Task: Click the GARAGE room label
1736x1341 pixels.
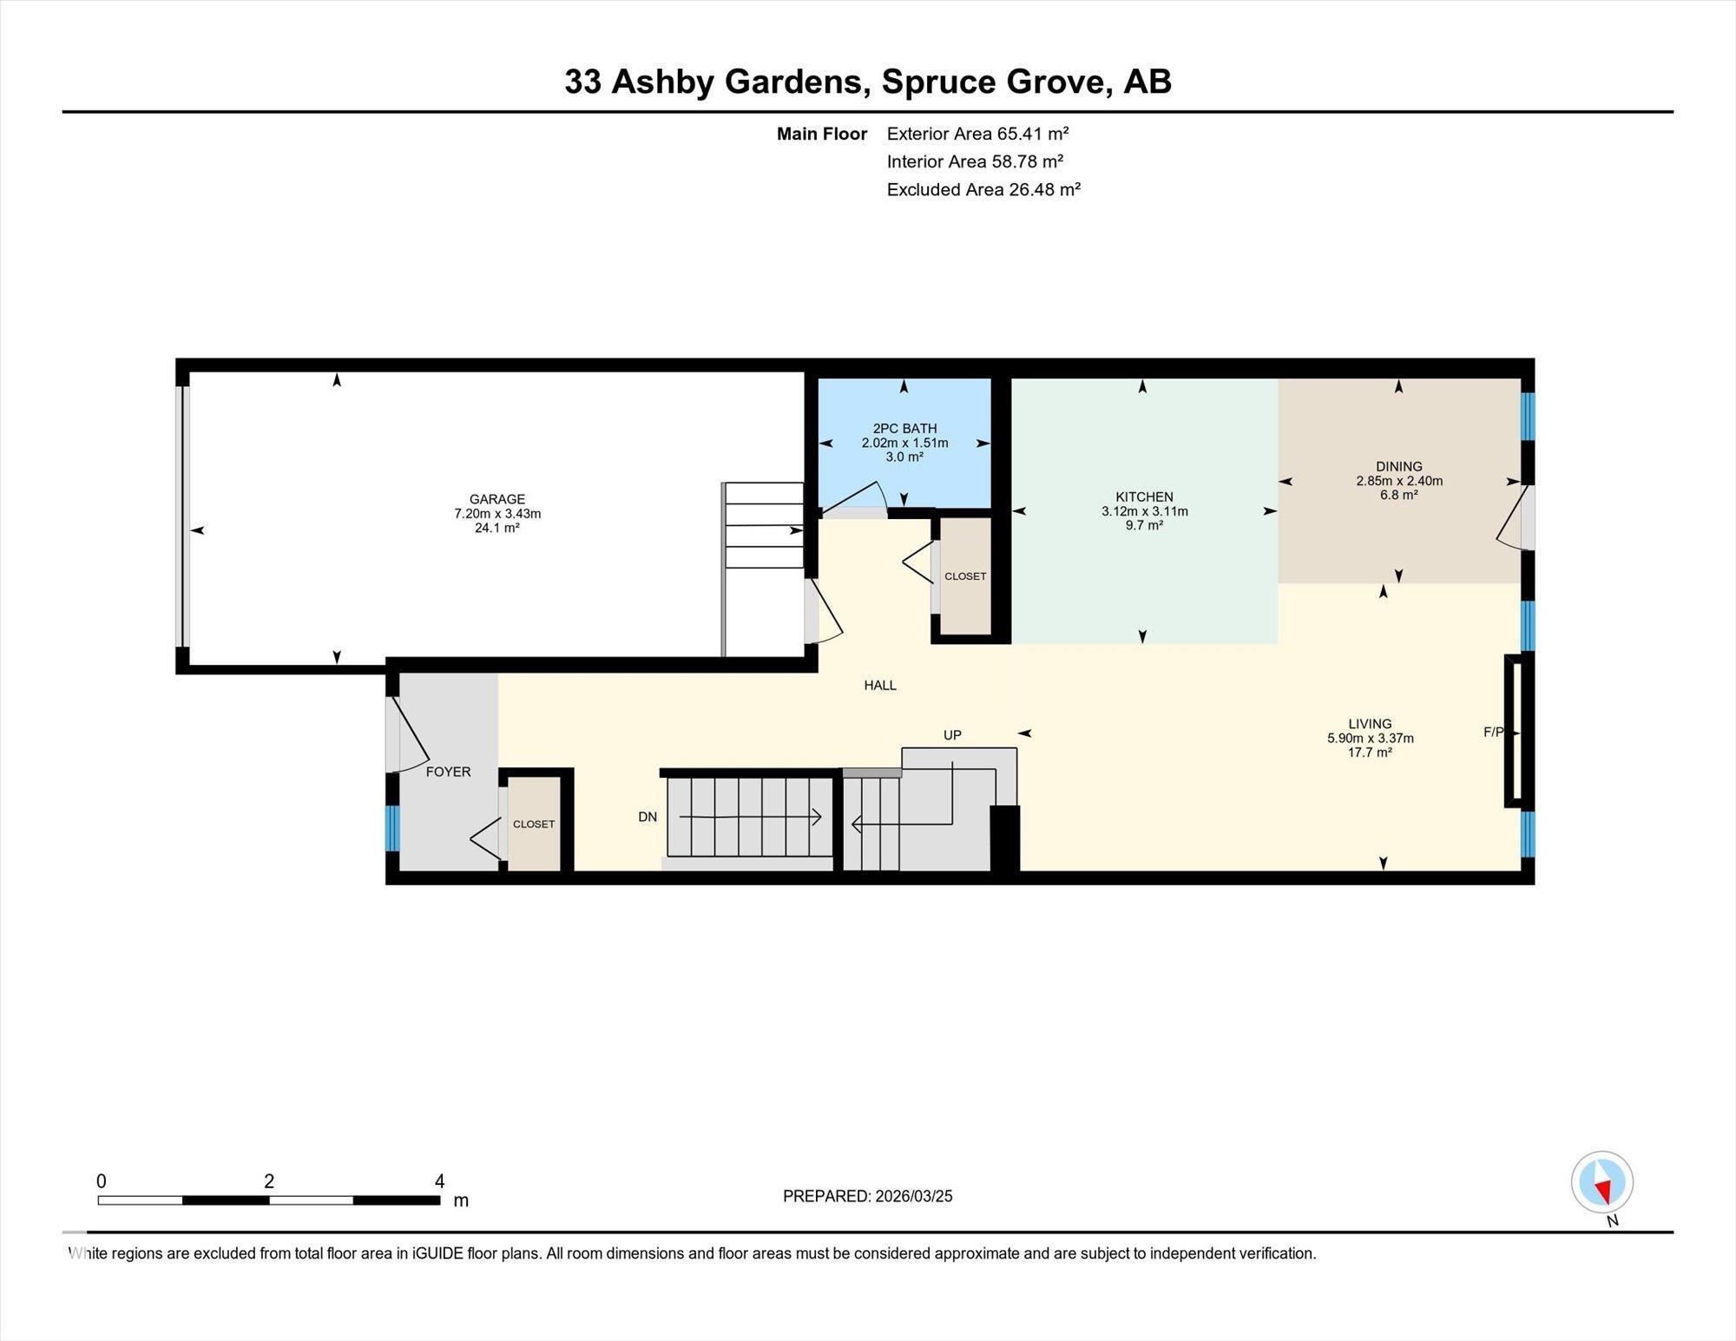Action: click(x=497, y=499)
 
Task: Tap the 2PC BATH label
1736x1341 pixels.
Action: click(x=904, y=429)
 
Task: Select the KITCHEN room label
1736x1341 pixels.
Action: click(x=1144, y=497)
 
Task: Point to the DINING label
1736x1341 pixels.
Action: click(x=1398, y=467)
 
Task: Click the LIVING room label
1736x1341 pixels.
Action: click(x=1370, y=724)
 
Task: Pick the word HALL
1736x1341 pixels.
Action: click(x=880, y=686)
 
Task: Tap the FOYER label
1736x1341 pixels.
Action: click(x=448, y=772)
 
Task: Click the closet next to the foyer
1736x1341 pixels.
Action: click(x=534, y=824)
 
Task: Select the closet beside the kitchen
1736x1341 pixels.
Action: click(x=965, y=576)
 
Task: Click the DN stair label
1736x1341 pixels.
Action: click(x=648, y=817)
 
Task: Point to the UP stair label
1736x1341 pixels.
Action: click(x=952, y=735)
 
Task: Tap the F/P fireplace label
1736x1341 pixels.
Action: click(x=1493, y=733)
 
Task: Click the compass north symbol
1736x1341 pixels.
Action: click(x=1602, y=1182)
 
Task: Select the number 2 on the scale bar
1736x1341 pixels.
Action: click(x=269, y=1181)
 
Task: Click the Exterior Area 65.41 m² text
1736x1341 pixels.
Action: click(x=977, y=134)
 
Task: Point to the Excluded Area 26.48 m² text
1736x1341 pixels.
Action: click(x=983, y=189)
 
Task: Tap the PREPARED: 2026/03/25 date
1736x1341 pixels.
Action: click(x=867, y=1196)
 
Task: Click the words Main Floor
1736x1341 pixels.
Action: click(x=822, y=134)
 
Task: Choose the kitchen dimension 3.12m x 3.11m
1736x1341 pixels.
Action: click(x=1144, y=512)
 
